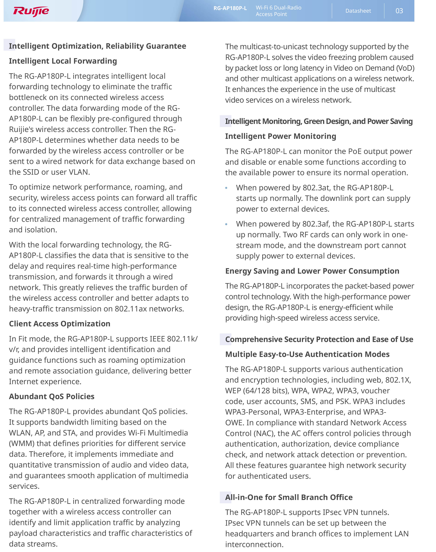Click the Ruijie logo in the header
click(31, 11)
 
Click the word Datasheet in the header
click(358, 11)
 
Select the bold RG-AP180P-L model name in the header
click(230, 8)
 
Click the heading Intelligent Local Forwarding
click(63, 61)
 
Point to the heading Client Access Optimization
click(59, 324)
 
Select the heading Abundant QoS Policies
click(52, 396)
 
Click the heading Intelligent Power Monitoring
click(280, 136)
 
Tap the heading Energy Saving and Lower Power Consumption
click(312, 271)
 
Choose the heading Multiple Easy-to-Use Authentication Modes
click(307, 354)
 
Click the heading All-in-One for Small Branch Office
click(289, 497)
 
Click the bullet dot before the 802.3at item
click(226, 188)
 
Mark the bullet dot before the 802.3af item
click(226, 224)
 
